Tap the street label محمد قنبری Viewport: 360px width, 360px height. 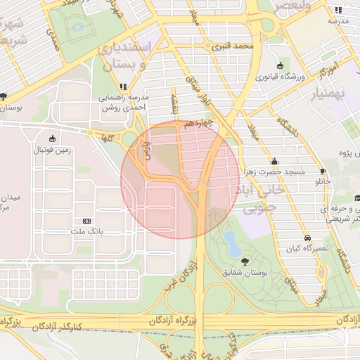pos(234,46)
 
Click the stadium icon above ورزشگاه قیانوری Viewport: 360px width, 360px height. pos(281,65)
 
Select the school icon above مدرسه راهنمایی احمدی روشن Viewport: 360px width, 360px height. pos(124,86)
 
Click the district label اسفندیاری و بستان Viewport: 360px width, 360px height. pos(126,56)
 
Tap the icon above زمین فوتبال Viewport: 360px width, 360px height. pos(54,139)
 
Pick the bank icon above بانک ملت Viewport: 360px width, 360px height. pos(86,221)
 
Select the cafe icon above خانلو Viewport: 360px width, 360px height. pos(323,171)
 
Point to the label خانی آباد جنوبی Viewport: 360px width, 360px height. pos(264,198)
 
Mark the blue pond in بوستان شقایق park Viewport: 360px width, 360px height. pos(231,243)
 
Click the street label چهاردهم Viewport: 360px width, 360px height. pos(199,124)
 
